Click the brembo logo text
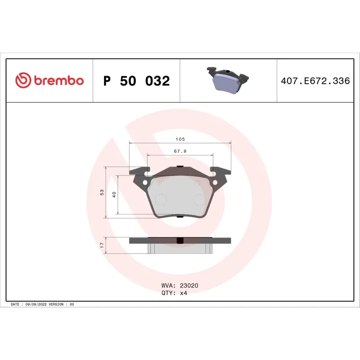coord(58,81)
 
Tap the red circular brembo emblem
coord(22,81)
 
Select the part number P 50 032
coord(136,81)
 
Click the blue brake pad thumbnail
coord(228,81)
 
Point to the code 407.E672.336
coord(315,81)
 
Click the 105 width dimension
coord(180,139)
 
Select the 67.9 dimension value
coord(180,152)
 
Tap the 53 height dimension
coord(102,192)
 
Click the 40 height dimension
coord(114,194)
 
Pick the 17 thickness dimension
coord(102,245)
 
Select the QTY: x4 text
coord(174,292)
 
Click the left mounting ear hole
coord(145,182)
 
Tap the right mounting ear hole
coord(215,182)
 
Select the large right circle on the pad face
coord(198,199)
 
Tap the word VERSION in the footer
coord(56,305)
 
